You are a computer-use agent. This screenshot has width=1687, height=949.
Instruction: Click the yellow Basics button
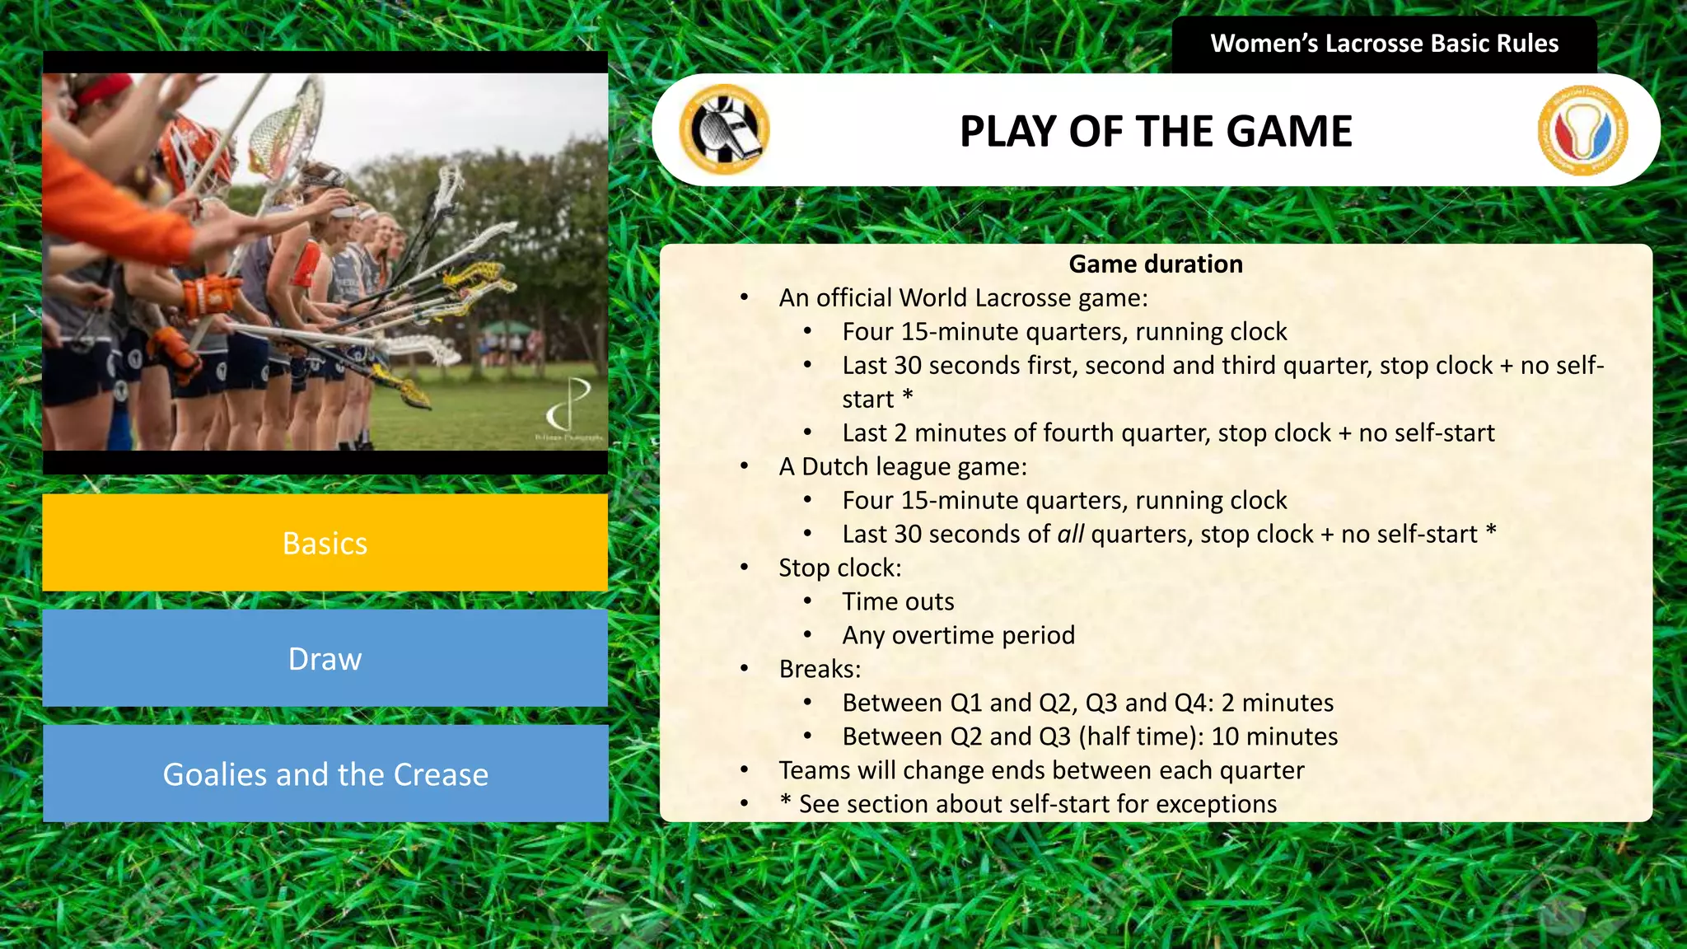tap(325, 543)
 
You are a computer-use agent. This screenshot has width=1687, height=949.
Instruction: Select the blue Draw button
tap(325, 658)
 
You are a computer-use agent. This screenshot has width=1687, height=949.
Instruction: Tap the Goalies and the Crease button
tap(325, 774)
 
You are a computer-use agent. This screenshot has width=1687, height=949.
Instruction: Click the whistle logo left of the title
tap(724, 129)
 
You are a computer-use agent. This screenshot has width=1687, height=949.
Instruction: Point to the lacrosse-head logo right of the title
tap(1582, 130)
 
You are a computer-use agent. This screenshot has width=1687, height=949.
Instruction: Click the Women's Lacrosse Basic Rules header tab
tap(1384, 44)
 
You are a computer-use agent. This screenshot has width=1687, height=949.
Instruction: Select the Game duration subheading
tap(1156, 264)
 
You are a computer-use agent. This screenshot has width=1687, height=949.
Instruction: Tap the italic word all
tap(1070, 535)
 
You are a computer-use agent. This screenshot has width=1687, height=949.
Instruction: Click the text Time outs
tap(898, 601)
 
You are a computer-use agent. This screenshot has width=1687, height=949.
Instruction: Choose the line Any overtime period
tap(958, 635)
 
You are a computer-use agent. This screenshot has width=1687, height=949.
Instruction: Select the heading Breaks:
tap(820, 669)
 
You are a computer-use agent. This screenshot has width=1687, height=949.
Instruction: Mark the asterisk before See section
tap(785, 802)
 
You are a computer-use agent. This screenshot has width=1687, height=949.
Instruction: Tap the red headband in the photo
tap(106, 89)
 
